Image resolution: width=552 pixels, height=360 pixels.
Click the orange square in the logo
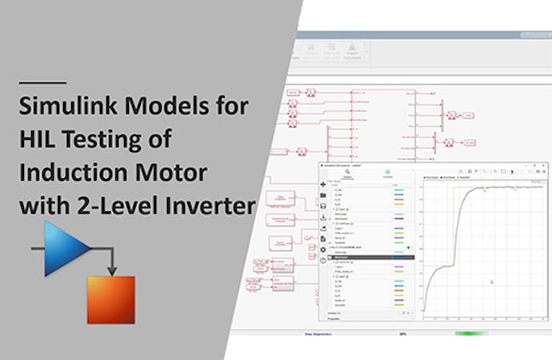point(113,301)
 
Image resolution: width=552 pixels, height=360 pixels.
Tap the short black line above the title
point(42,82)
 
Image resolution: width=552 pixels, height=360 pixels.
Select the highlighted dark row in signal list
point(370,258)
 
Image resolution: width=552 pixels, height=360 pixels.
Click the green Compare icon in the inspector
point(388,171)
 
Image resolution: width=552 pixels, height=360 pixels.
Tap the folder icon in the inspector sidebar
point(322,194)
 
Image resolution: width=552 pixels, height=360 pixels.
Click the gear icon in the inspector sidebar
point(322,249)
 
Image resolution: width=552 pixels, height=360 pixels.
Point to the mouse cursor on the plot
point(491,281)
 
